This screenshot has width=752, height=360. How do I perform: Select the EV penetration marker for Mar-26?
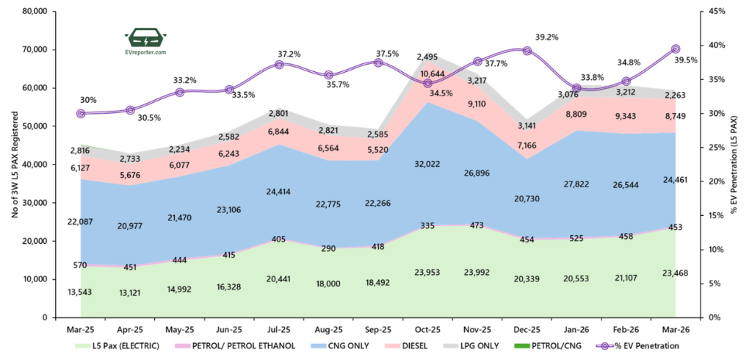pos(676,49)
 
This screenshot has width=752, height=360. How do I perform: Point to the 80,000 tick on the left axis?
pos(35,12)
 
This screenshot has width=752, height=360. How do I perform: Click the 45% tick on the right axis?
pos(712,12)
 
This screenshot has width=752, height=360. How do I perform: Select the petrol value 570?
pos(80,265)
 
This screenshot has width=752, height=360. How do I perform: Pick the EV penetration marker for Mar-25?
pos(81,114)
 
